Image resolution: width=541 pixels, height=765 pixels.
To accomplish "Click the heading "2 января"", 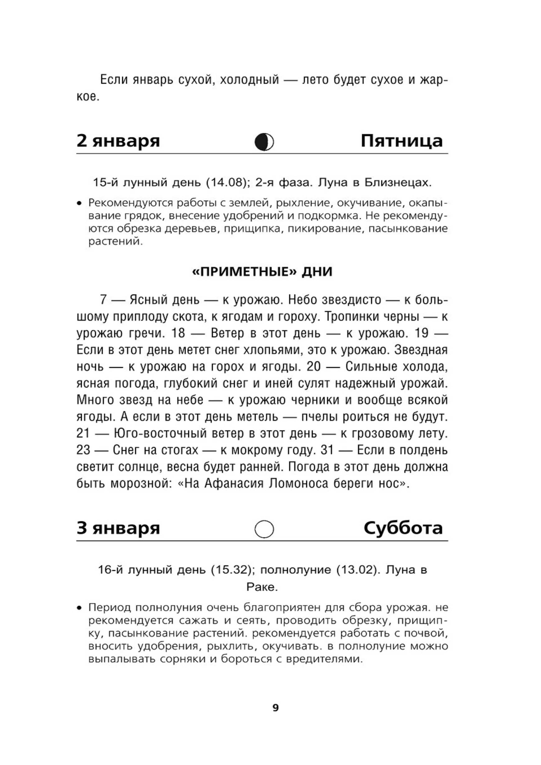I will [x=118, y=141].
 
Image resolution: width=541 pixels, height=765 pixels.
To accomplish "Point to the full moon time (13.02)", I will [x=358, y=570].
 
